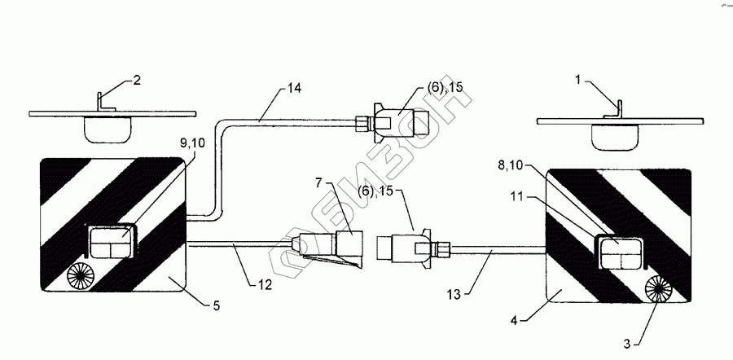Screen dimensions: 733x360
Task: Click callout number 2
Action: tap(136, 80)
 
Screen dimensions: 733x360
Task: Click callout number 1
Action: tap(579, 80)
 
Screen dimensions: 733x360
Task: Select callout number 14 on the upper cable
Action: tap(295, 88)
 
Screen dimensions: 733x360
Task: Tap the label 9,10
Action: tap(192, 143)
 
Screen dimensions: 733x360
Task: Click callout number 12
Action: tap(264, 284)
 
